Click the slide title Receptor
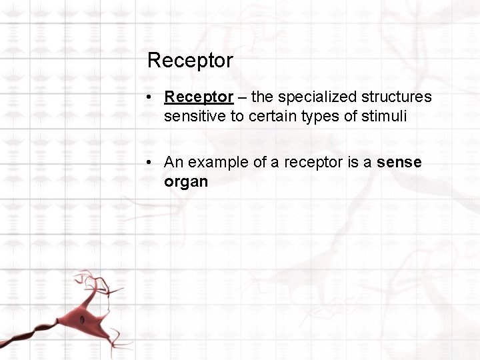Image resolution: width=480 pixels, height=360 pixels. tap(190, 61)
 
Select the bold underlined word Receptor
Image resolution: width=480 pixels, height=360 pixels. tap(199, 97)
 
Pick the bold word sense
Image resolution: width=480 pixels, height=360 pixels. tap(399, 162)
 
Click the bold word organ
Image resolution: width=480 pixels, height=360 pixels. tap(186, 181)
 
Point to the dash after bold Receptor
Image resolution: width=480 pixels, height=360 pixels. tap(242, 97)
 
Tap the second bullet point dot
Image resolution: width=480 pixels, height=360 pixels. tap(153, 163)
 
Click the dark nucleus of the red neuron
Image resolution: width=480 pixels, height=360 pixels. tap(82, 320)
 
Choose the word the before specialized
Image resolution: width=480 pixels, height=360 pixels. tap(263, 97)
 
